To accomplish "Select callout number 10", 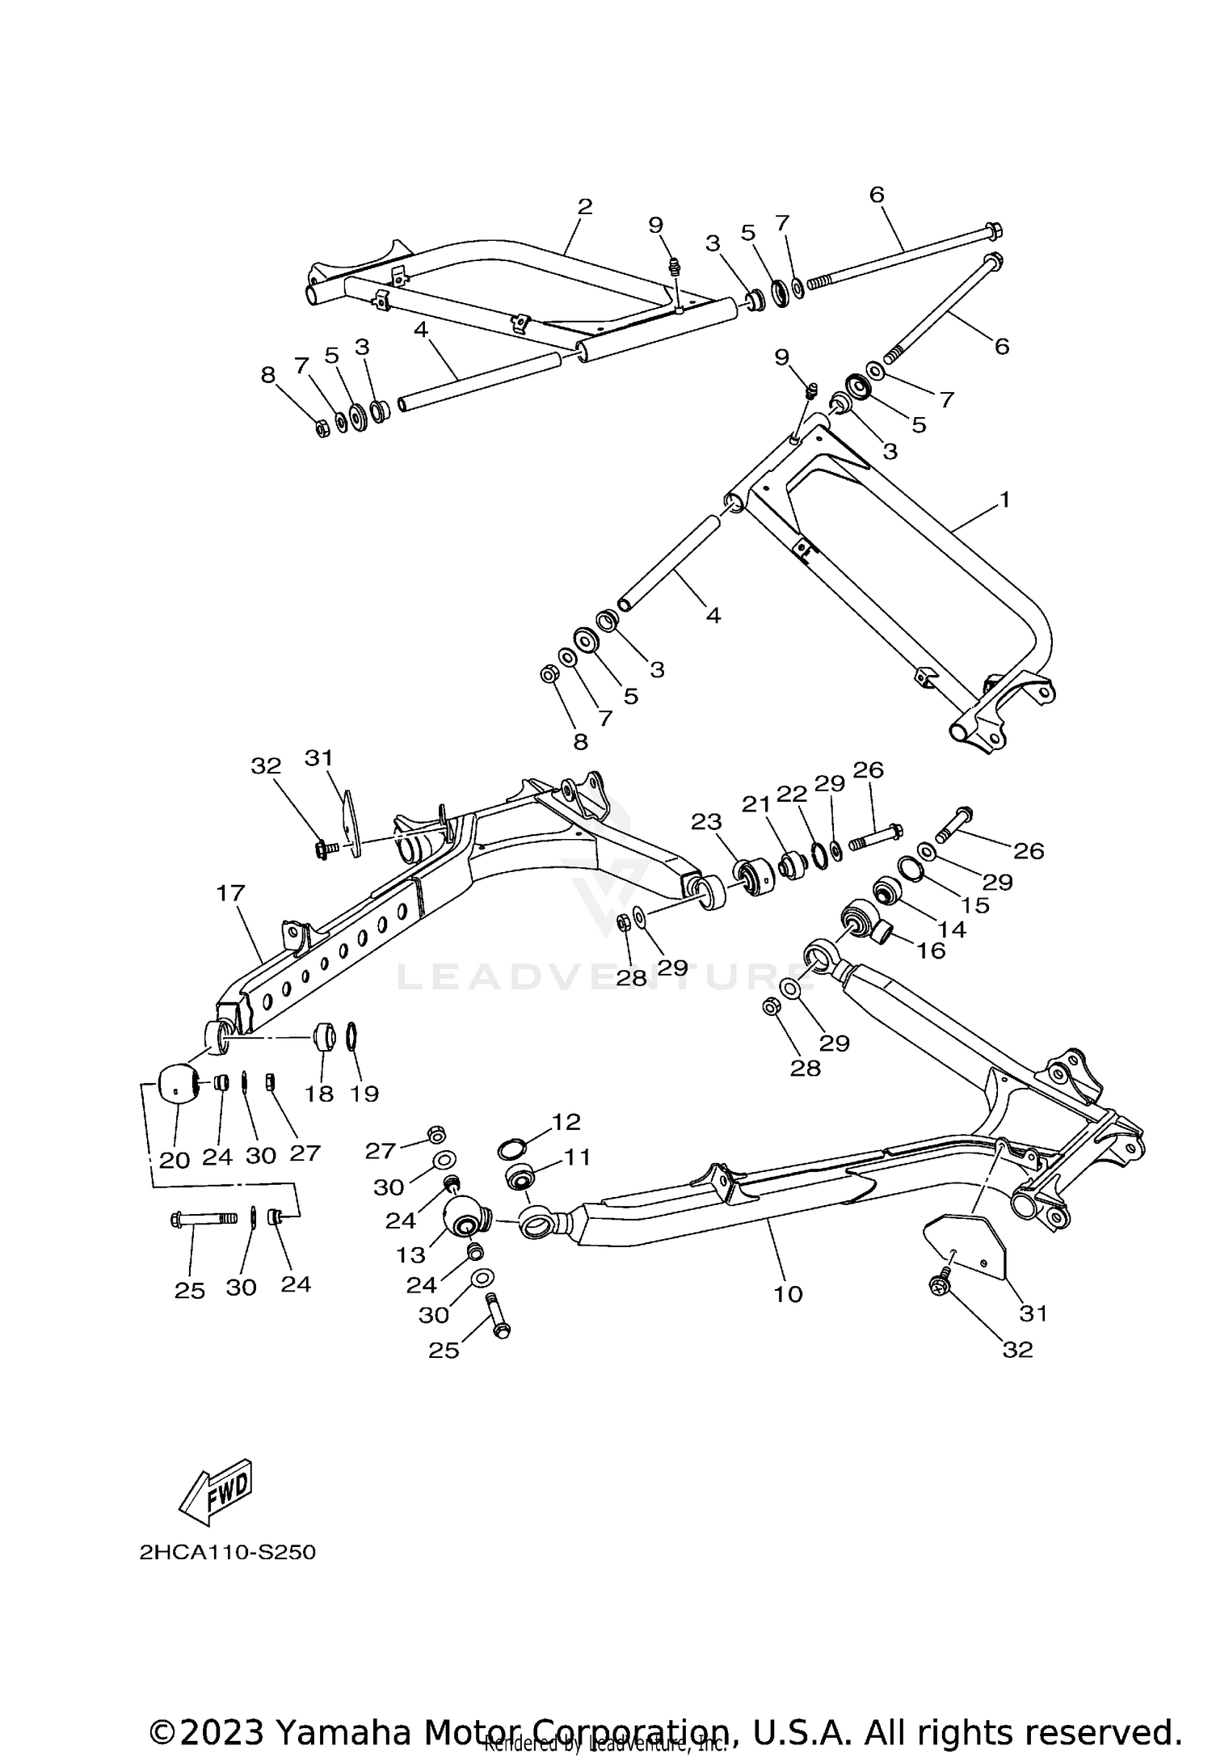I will (788, 1294).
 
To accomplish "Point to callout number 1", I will (1004, 500).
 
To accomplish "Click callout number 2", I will (585, 206).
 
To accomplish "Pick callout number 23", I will (705, 822).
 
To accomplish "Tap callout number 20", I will (174, 1160).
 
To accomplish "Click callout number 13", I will (410, 1254).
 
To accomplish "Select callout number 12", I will (566, 1121).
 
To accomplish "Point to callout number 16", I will (931, 951).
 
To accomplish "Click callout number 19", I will (364, 1094).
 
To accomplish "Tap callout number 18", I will (319, 1094).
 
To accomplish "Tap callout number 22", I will (791, 794).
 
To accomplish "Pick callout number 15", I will (975, 904).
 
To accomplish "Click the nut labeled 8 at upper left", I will (321, 428).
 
